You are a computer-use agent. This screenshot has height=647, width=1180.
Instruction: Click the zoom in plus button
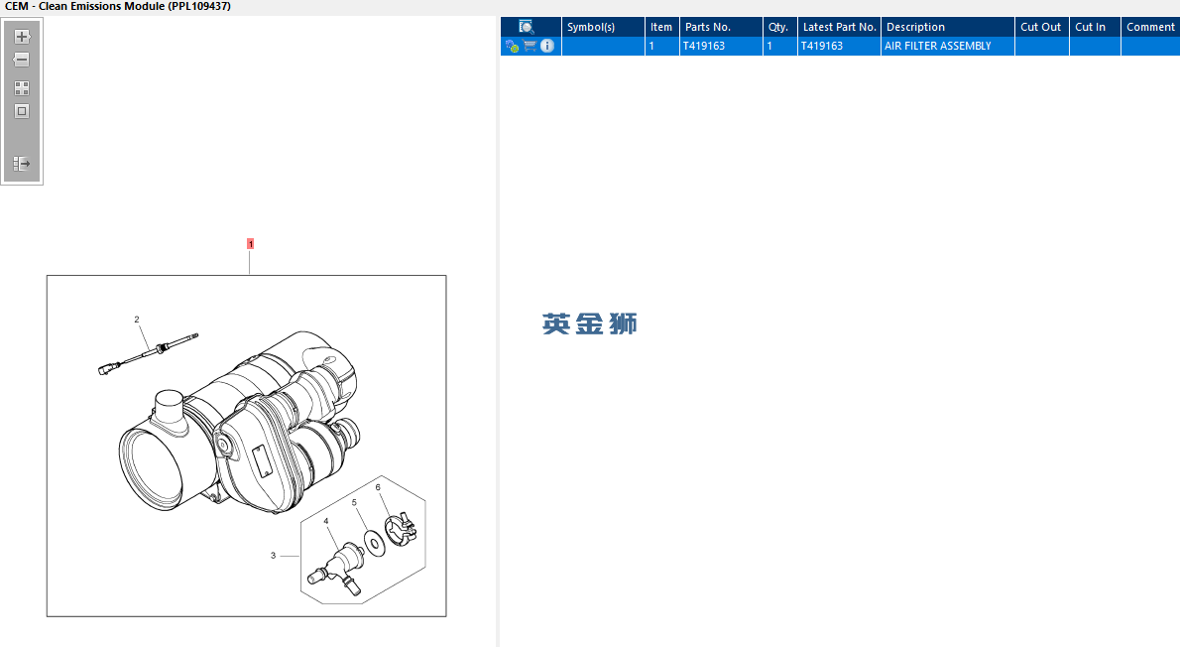tap(22, 36)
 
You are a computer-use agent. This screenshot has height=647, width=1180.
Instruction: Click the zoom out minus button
tap(22, 60)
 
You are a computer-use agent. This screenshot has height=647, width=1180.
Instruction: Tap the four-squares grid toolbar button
tap(22, 88)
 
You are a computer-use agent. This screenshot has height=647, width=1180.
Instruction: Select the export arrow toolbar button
tap(22, 164)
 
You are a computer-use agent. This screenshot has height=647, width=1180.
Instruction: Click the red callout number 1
tap(251, 244)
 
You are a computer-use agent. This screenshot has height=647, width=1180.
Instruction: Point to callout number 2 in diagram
tap(137, 320)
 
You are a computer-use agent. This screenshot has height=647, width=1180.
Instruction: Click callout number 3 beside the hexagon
tap(273, 555)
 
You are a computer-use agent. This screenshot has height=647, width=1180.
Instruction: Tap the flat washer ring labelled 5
tap(374, 543)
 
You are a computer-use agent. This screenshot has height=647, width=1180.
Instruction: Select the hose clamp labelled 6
tap(401, 529)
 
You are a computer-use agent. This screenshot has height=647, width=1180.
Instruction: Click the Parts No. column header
tap(707, 27)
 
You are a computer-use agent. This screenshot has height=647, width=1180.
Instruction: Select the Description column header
tap(915, 27)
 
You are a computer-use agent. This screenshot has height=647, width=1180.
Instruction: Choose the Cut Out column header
tap(1041, 27)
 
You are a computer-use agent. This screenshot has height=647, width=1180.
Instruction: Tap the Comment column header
tap(1150, 27)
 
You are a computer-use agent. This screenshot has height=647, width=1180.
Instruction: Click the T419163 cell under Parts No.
tap(704, 46)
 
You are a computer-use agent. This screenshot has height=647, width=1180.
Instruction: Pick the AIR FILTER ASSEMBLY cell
tap(938, 46)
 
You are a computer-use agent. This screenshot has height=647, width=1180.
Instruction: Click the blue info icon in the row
tap(547, 46)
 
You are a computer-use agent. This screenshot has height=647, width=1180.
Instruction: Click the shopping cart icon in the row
tap(530, 46)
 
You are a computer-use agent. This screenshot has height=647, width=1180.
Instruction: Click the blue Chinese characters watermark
tap(590, 323)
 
